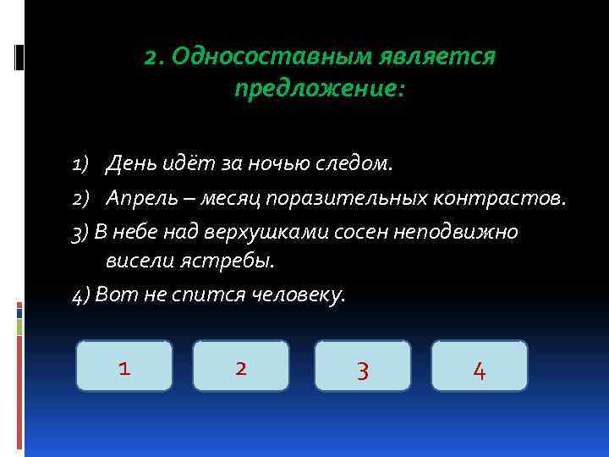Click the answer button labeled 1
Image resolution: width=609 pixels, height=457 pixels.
click(x=124, y=366)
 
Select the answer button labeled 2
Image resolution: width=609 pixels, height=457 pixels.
click(x=241, y=366)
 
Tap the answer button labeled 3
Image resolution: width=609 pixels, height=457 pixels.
click(x=362, y=366)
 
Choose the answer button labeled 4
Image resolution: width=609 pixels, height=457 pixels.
click(x=479, y=366)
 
